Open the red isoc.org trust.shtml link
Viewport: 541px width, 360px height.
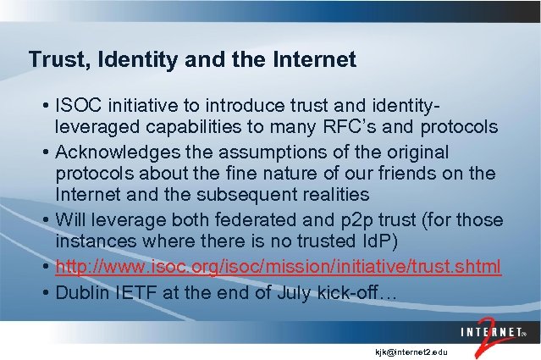tap(279, 267)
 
